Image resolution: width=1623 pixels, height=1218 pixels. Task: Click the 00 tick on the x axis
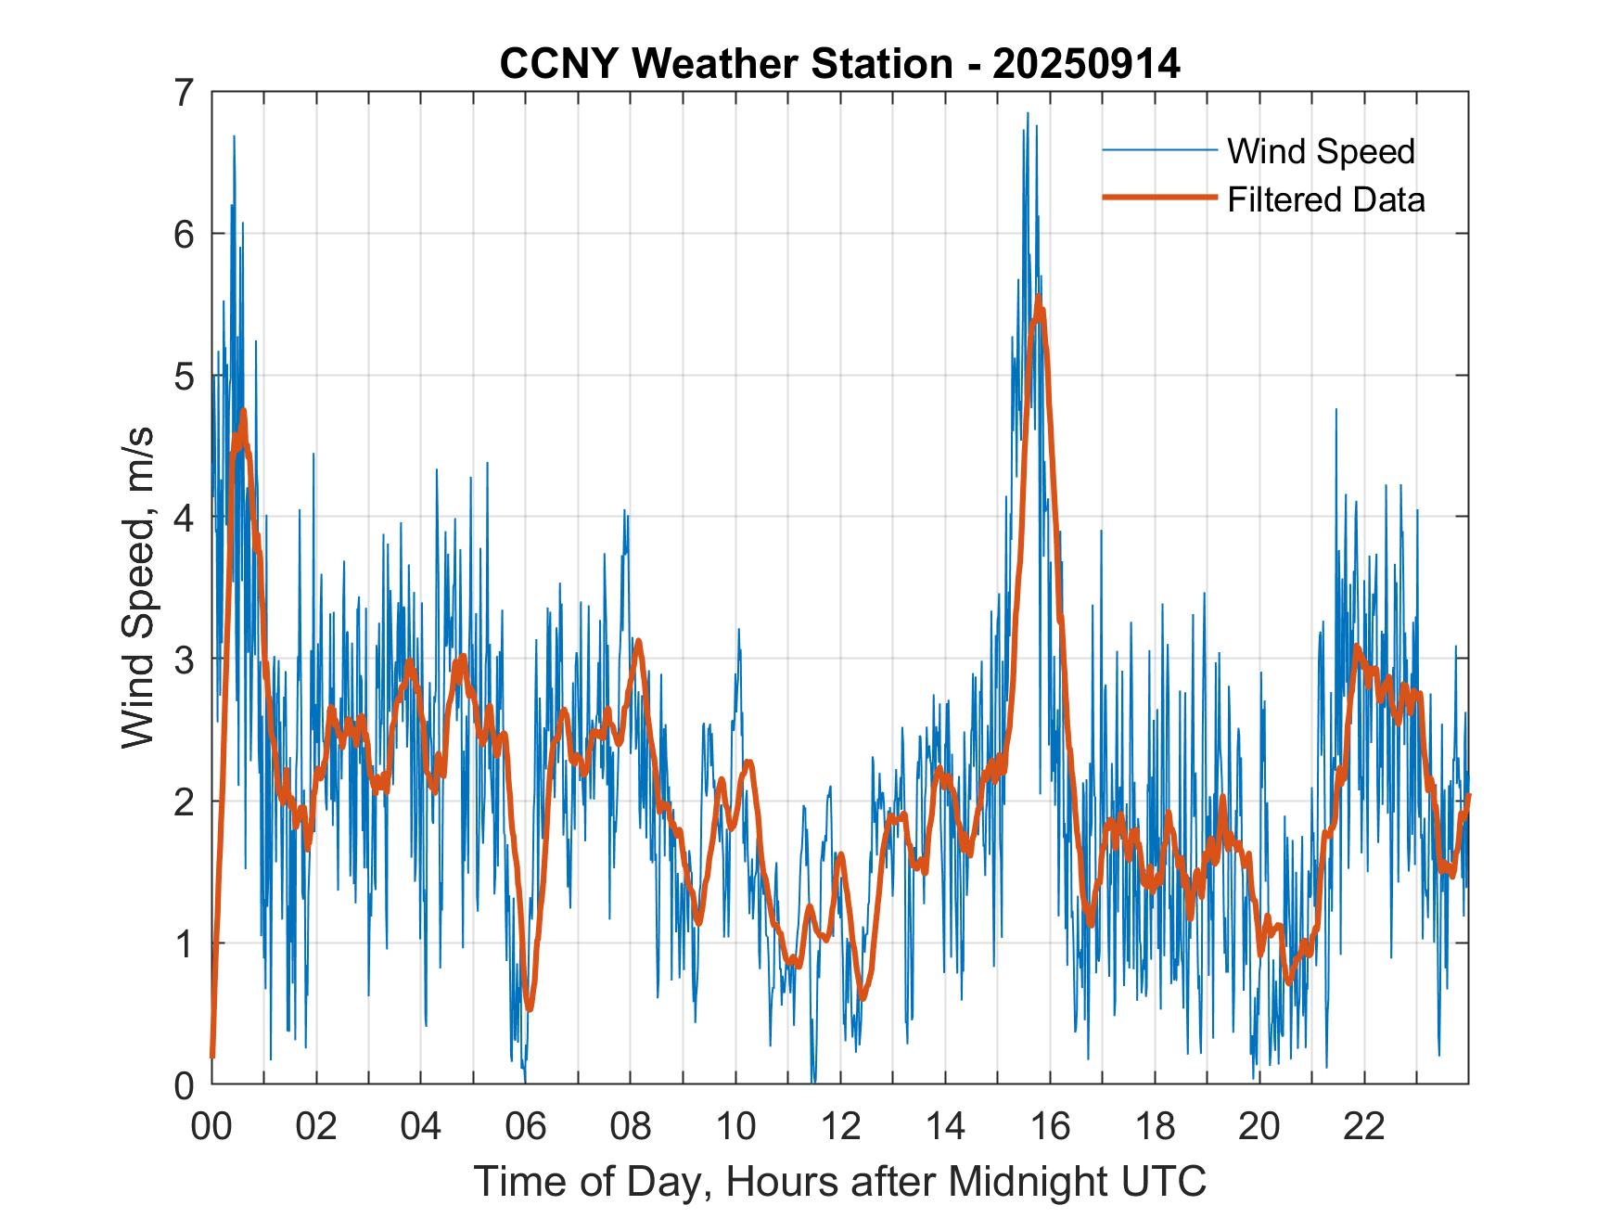211,1127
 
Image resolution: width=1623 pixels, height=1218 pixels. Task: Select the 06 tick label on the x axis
526,1127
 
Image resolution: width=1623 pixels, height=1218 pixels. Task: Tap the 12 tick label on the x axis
840,1127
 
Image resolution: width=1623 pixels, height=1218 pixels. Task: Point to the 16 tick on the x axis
1050,1127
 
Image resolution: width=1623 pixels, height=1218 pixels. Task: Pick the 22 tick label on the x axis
1364,1127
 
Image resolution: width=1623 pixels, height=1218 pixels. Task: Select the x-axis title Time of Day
839,1182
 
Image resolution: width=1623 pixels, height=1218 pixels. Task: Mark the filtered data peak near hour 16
1039,298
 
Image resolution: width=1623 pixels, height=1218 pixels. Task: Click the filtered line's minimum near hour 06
529,1009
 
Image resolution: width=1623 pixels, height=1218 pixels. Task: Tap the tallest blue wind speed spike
1028,113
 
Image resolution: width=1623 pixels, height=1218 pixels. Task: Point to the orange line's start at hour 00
212,1056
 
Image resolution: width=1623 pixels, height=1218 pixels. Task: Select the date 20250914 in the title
1086,64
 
